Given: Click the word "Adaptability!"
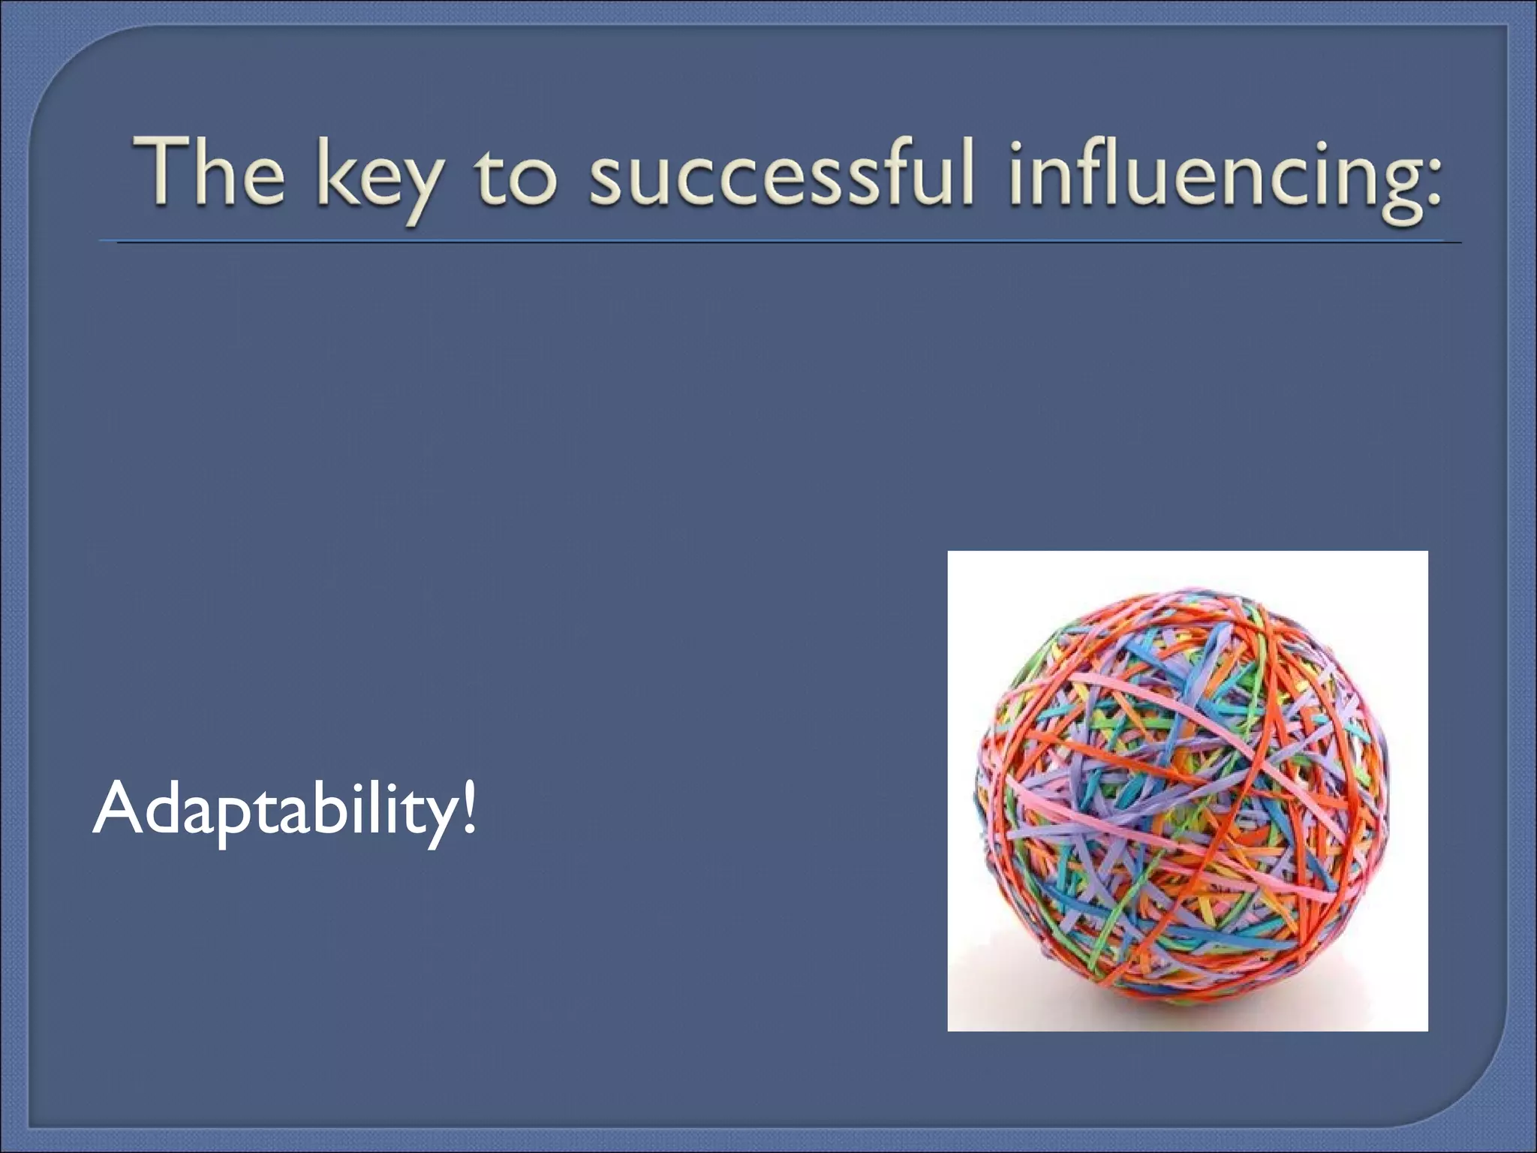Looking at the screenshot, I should [x=284, y=811].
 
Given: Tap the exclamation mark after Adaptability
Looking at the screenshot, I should [x=469, y=806].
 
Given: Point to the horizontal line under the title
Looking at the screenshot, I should [x=781, y=242].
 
